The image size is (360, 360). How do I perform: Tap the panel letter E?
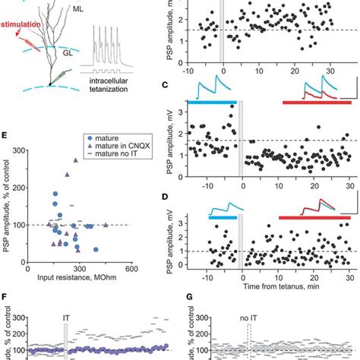(6, 135)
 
